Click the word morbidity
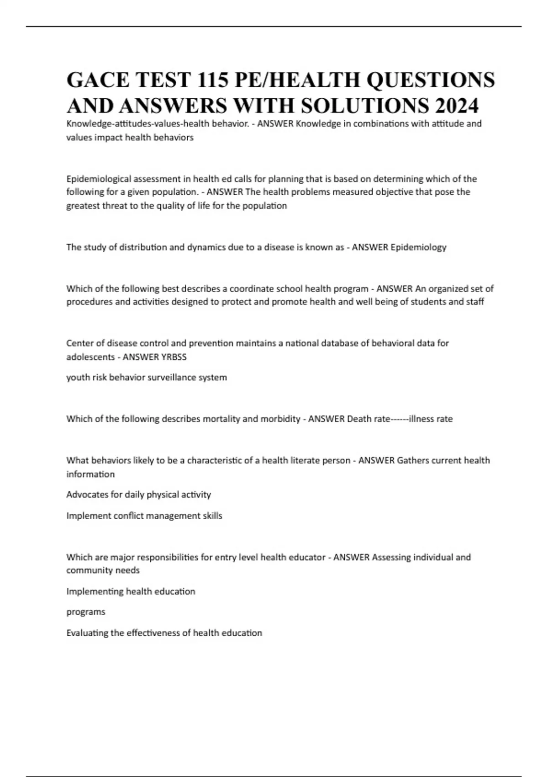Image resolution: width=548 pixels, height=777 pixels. [280, 419]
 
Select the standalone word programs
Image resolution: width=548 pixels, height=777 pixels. [86, 612]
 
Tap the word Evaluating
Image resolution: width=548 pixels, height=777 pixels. [89, 633]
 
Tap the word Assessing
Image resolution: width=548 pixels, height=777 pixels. [392, 557]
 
